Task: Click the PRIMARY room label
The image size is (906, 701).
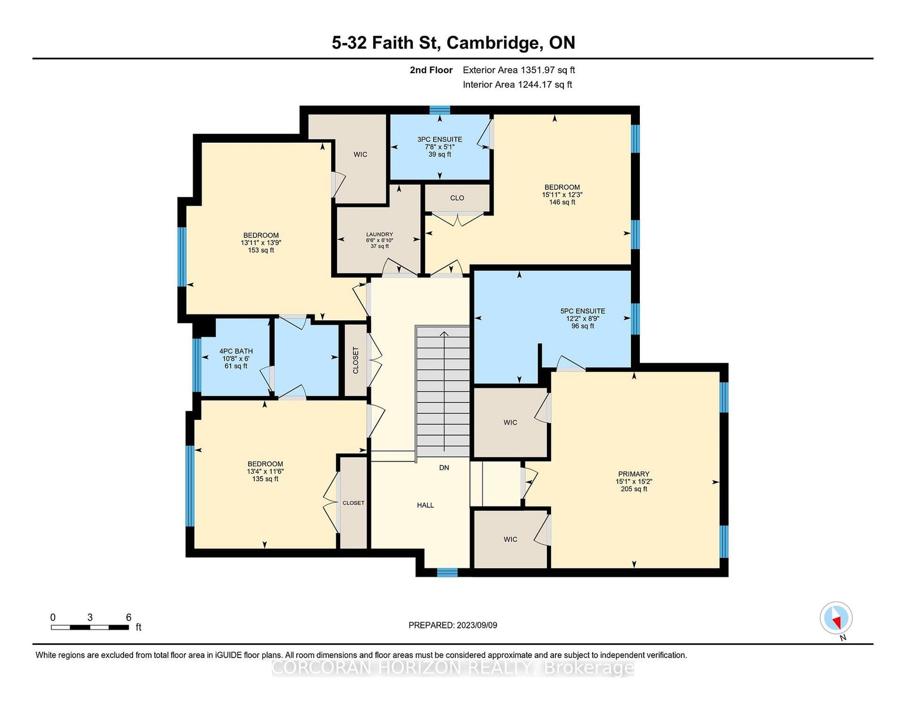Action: (x=634, y=474)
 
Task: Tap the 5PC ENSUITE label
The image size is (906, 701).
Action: (x=583, y=311)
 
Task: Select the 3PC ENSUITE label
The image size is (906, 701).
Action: (x=439, y=139)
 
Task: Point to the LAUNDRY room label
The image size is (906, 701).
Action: (x=379, y=235)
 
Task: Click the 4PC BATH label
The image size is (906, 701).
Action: (x=236, y=351)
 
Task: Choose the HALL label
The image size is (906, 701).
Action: (x=425, y=505)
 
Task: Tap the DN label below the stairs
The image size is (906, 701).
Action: (x=444, y=468)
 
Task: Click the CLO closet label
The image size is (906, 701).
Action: (x=457, y=198)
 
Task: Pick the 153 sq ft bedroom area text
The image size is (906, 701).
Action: (x=261, y=250)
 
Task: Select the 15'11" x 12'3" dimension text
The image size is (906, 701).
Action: (x=562, y=195)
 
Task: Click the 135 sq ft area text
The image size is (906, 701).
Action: (x=265, y=479)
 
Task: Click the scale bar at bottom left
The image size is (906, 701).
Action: (x=89, y=627)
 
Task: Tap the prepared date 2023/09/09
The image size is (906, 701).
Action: (x=477, y=625)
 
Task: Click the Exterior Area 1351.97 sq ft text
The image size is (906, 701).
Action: (x=519, y=70)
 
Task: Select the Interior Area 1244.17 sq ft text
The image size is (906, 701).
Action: (x=518, y=84)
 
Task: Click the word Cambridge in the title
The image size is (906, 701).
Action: (x=495, y=43)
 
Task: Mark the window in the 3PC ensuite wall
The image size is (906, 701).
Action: (x=440, y=110)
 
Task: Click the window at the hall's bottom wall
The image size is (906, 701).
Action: (x=447, y=572)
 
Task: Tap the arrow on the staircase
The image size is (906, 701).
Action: (x=444, y=392)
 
